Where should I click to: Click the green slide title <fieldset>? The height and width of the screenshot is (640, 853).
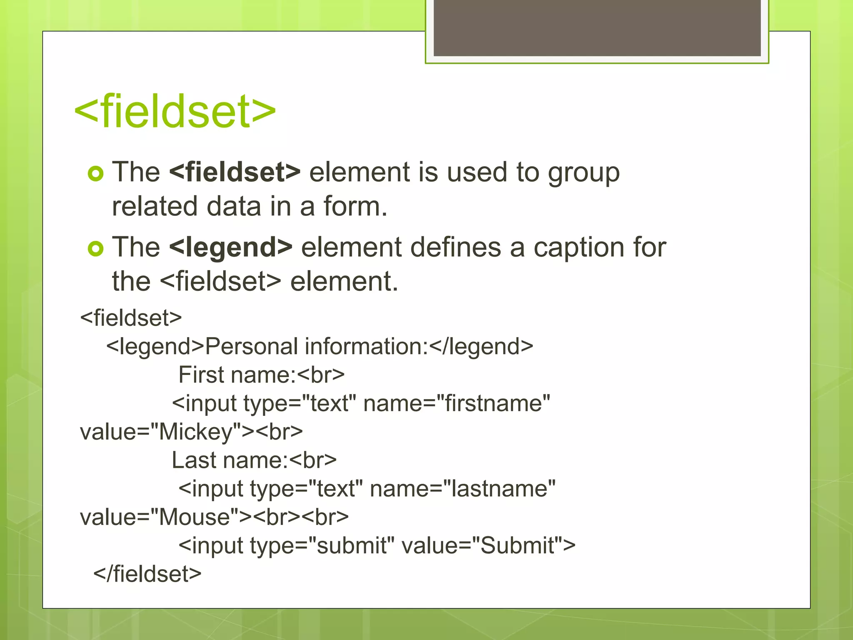coord(175,112)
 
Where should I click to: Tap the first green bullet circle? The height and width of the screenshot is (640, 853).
coord(95,173)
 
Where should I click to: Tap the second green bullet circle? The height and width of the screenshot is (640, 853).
coord(95,249)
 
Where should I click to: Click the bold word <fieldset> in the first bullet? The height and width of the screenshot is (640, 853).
coord(234,172)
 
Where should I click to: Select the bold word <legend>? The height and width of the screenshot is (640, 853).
coord(230,247)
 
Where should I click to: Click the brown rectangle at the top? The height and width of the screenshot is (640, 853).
coord(597,27)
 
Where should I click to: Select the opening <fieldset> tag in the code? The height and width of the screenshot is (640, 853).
coord(131,318)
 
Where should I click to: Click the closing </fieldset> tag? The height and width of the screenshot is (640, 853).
coord(147,574)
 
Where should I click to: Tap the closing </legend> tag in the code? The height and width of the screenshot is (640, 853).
coord(481,347)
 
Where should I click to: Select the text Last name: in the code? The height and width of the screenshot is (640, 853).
coord(229,460)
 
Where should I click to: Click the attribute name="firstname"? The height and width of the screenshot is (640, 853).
coord(456,403)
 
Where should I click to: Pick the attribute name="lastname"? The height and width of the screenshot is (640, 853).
coord(462,489)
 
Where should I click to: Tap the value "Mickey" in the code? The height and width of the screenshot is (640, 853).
coord(196,432)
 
